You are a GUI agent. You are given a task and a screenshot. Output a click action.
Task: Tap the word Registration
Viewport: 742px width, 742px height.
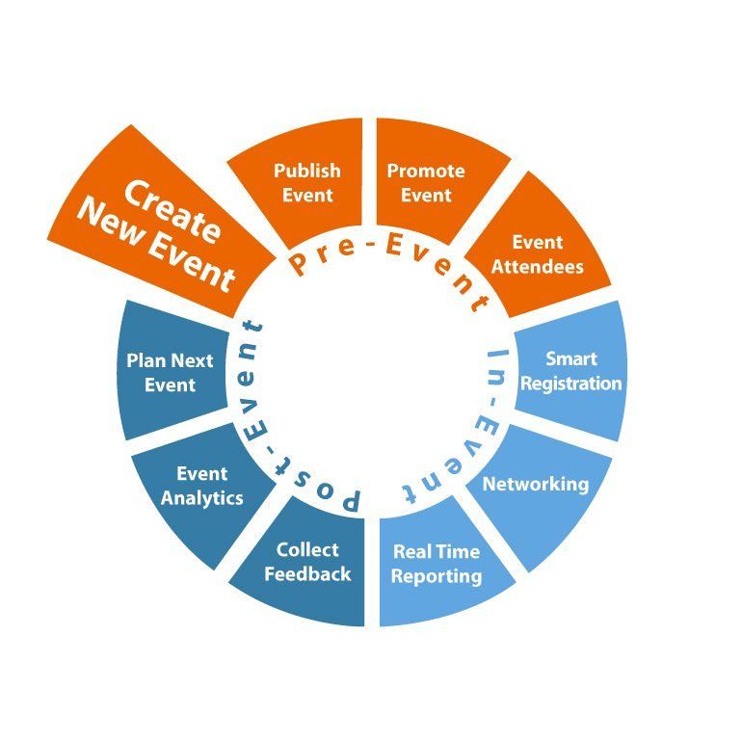point(571,384)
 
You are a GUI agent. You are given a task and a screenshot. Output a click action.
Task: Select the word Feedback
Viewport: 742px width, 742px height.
point(307,574)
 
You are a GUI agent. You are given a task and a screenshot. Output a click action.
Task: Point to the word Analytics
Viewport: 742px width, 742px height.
point(202,498)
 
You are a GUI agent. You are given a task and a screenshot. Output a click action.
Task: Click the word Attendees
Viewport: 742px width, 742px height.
point(538,266)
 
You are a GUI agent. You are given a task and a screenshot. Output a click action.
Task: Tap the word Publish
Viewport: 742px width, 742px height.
point(307,171)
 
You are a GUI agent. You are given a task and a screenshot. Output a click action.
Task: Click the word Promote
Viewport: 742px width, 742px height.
point(426,171)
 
